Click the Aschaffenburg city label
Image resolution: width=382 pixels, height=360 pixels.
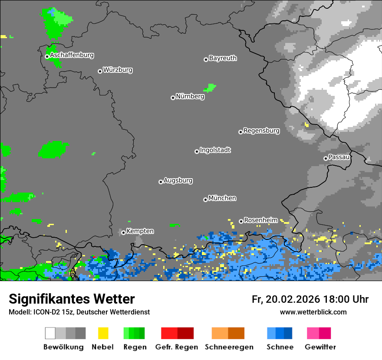(72, 56)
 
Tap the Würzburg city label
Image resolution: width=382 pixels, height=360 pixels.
(118, 70)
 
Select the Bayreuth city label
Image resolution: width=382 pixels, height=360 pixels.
(223, 58)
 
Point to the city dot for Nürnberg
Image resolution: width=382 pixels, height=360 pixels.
(173, 98)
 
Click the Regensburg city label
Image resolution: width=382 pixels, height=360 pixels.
(261, 131)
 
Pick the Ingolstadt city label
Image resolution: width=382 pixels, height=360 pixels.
(215, 150)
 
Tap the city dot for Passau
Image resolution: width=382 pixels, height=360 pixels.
(326, 158)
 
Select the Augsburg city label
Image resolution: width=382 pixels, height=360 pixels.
(178, 180)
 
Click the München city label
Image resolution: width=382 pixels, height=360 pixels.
(222, 198)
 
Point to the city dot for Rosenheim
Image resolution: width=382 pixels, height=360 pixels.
(241, 222)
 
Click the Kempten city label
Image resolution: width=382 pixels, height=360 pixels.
(140, 231)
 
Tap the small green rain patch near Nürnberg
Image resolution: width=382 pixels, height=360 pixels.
(210, 88)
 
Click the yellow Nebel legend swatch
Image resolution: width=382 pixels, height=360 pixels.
(103, 333)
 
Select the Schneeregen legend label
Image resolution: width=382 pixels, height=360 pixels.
(229, 347)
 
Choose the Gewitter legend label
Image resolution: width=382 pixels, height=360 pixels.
(320, 347)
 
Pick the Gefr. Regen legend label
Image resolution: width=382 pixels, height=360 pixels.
(177, 347)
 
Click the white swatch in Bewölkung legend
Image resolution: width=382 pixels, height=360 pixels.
(50, 333)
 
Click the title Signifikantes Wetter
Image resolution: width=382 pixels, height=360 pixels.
(72, 299)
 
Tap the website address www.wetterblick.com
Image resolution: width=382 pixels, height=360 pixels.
(313, 312)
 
